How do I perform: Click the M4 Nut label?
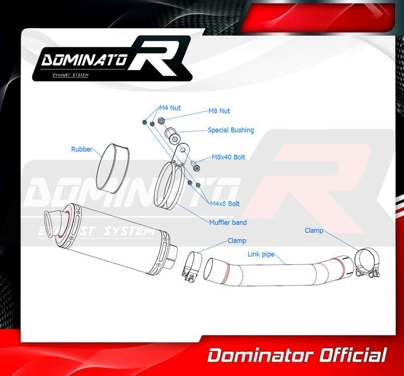[x=170, y=108]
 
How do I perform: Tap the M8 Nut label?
[x=219, y=111]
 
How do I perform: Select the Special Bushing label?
[x=231, y=130]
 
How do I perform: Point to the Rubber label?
[x=82, y=149]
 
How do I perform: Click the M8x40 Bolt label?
[x=229, y=157]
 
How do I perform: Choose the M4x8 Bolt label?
[x=225, y=204]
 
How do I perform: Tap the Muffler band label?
[x=228, y=222]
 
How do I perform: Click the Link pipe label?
[x=261, y=254]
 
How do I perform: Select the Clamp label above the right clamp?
[x=314, y=230]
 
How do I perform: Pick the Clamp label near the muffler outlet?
[x=237, y=241]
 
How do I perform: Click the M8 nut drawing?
[x=161, y=120]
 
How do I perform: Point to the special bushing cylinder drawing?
[x=172, y=135]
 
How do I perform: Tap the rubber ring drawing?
[x=113, y=168]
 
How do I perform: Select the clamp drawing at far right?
[x=367, y=263]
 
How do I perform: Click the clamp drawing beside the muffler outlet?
[x=191, y=267]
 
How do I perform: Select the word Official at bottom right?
[x=353, y=355]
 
